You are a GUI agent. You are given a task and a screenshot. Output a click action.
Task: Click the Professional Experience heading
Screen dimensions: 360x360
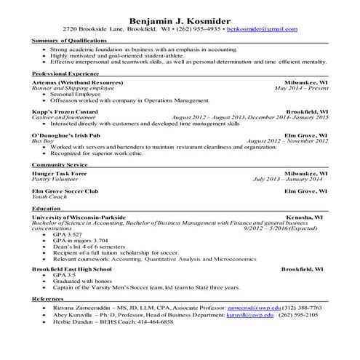[66, 75]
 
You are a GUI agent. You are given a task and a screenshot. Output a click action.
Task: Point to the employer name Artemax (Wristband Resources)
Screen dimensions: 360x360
[79, 83]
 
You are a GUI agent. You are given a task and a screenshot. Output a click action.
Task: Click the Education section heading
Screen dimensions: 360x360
[47, 209]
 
